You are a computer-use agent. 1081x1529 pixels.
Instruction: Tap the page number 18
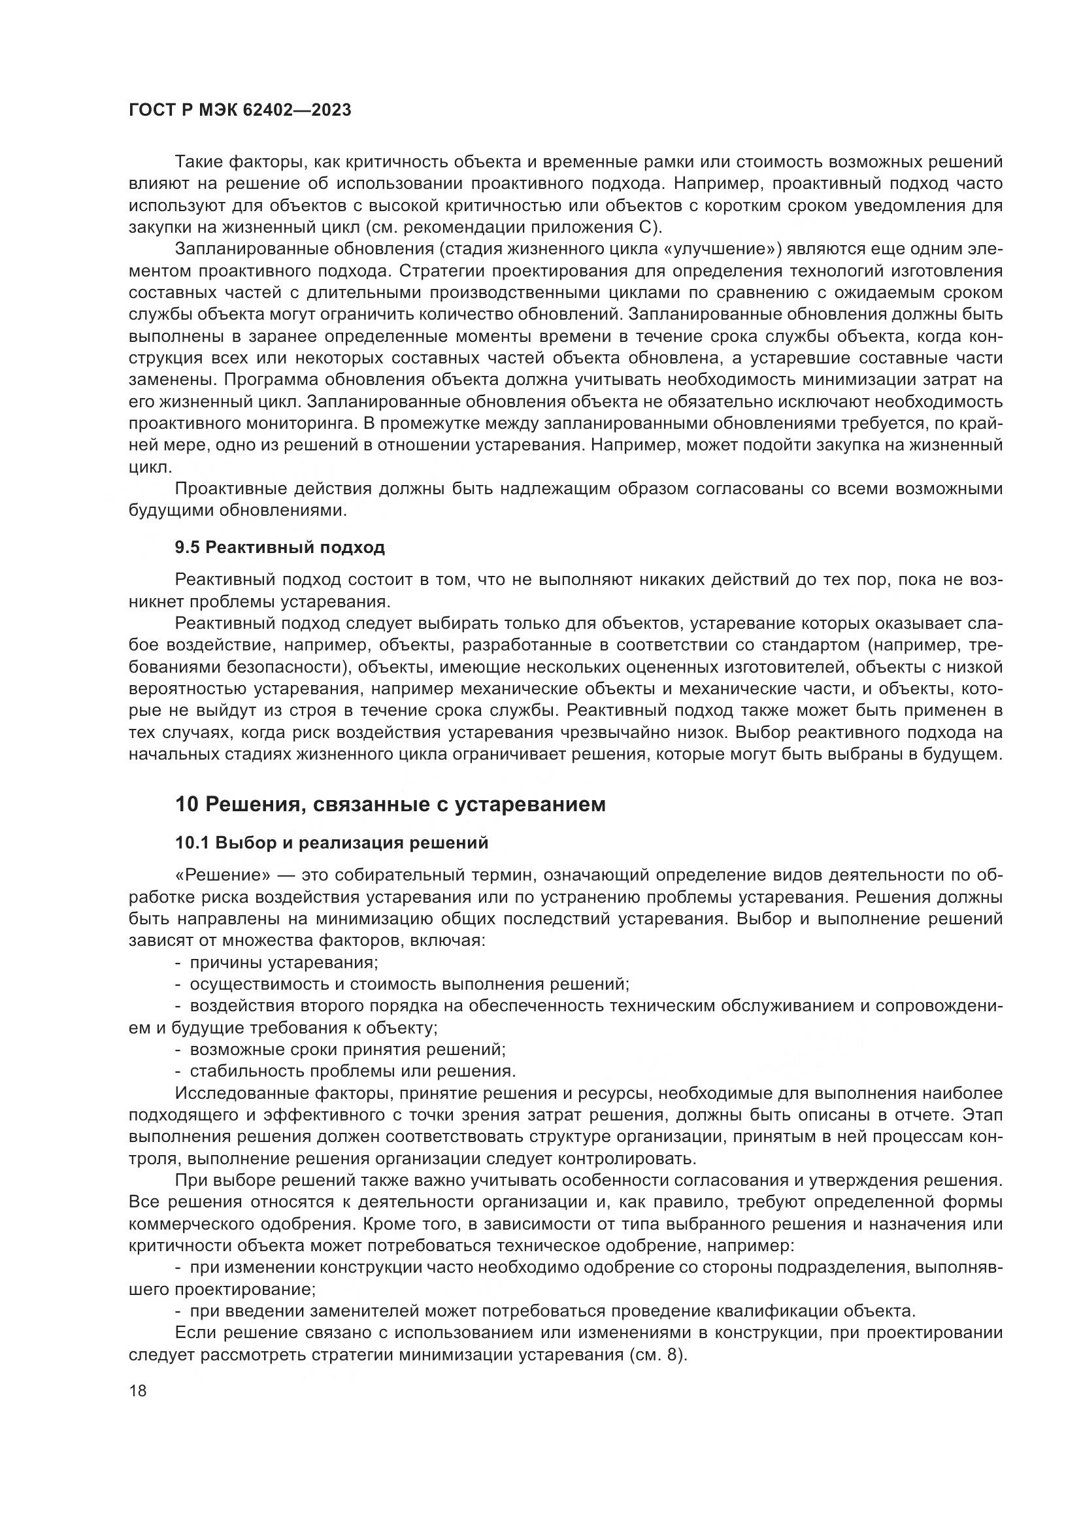[x=138, y=1391]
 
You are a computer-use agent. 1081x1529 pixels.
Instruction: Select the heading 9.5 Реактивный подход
[x=280, y=547]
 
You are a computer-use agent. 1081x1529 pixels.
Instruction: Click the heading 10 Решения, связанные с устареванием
[x=390, y=805]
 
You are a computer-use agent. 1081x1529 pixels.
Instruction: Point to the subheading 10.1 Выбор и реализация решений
[x=331, y=843]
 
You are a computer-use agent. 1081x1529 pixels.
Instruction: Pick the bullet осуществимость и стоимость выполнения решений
[x=409, y=984]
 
